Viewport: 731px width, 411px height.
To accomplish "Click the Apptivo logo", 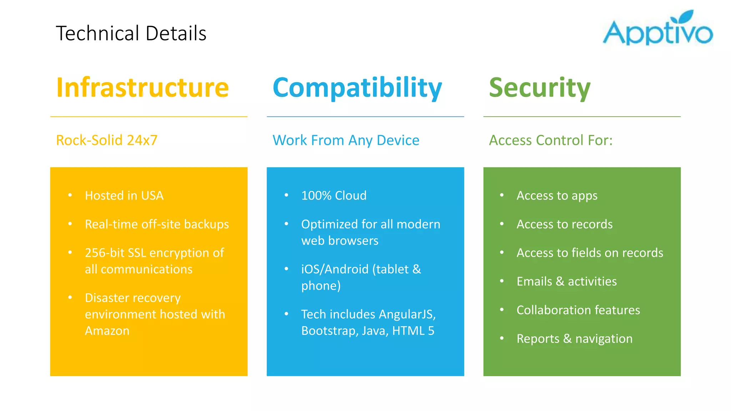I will pyautogui.click(x=657, y=29).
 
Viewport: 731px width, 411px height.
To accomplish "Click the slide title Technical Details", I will pyautogui.click(x=131, y=34).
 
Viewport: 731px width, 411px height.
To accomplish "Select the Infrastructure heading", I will pyautogui.click(x=142, y=87).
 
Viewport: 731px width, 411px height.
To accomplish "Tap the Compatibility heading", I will pyautogui.click(x=357, y=87).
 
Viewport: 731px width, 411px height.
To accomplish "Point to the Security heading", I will pyautogui.click(x=540, y=87).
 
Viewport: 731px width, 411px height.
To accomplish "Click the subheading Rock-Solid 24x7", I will pyautogui.click(x=107, y=140).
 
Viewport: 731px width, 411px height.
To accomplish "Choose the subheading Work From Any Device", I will pyautogui.click(x=346, y=140).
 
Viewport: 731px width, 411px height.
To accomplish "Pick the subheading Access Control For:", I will pyautogui.click(x=551, y=140).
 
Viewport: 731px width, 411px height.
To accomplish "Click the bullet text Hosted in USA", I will pyautogui.click(x=124, y=196).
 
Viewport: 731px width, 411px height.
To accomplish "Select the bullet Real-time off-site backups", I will pyautogui.click(x=157, y=224).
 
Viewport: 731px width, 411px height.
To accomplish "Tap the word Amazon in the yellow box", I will pyautogui.click(x=107, y=331).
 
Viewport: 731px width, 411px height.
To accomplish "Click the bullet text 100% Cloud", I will pyautogui.click(x=334, y=196).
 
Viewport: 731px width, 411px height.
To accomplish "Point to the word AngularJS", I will pyautogui.click(x=407, y=314).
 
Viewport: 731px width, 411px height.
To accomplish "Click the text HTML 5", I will pyautogui.click(x=413, y=331).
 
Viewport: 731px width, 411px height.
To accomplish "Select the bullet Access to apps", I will pyautogui.click(x=557, y=196).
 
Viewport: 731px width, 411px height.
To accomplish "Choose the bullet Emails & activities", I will pyautogui.click(x=566, y=281).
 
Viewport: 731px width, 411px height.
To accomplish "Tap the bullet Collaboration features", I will pyautogui.click(x=578, y=310).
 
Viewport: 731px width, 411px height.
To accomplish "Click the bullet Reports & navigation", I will pyautogui.click(x=574, y=339).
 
